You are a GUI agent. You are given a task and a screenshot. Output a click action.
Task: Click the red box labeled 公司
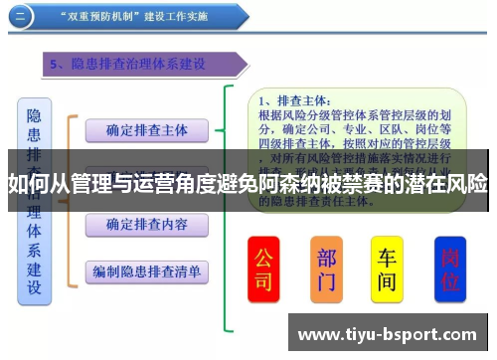pyautogui.click(x=263, y=269)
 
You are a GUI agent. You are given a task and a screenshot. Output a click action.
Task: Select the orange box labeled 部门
pyautogui.click(x=327, y=269)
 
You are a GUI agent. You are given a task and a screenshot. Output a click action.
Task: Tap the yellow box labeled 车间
pyautogui.click(x=388, y=269)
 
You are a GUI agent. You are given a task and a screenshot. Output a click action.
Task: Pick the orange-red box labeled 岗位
pyautogui.click(x=450, y=269)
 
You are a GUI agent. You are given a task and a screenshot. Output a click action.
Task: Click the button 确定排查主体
pyautogui.click(x=146, y=129)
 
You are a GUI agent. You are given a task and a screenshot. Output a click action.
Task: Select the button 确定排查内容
pyautogui.click(x=146, y=225)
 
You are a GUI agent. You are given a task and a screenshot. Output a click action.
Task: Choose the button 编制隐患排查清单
pyautogui.click(x=146, y=271)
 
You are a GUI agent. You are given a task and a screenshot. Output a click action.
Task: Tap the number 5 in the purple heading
pyautogui.click(x=56, y=65)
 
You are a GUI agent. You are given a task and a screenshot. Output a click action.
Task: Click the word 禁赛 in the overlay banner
pyautogui.click(x=367, y=185)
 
